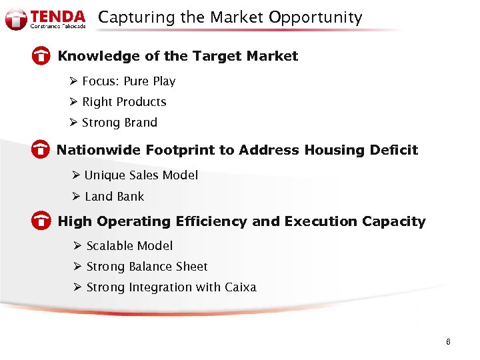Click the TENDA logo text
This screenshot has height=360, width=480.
click(59, 16)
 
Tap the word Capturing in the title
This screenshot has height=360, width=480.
click(129, 18)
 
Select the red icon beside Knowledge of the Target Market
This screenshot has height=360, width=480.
click(41, 57)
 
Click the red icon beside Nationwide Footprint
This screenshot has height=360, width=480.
click(41, 151)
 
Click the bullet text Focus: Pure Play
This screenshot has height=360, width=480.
click(129, 81)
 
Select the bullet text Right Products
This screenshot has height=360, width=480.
click(124, 102)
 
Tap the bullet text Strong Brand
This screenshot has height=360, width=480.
click(119, 123)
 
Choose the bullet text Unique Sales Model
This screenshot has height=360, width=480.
click(141, 175)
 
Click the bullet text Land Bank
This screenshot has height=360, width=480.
click(114, 197)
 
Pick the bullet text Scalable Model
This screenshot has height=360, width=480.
click(129, 246)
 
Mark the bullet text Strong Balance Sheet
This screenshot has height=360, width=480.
click(147, 267)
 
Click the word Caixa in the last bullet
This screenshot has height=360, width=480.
click(241, 287)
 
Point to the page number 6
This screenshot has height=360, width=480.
click(448, 342)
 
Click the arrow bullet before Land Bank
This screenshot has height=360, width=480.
click(76, 197)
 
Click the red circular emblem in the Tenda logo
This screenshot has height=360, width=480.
click(15, 19)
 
